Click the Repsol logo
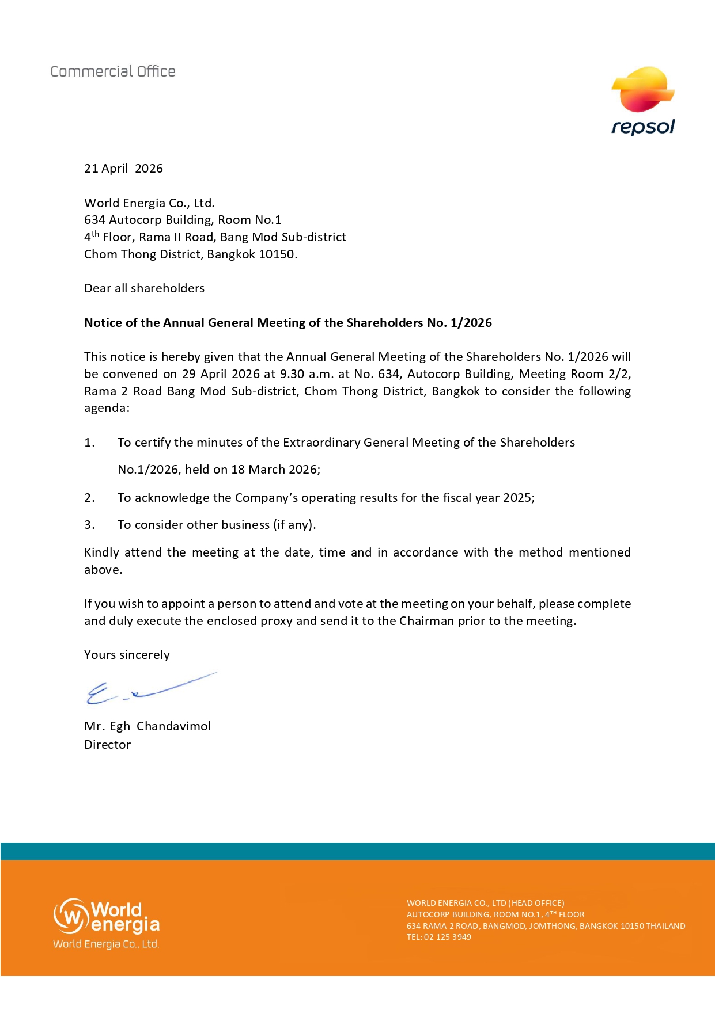(643, 101)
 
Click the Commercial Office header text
(113, 71)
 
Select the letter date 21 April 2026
(123, 169)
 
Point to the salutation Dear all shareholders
(144, 288)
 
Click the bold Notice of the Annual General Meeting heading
(287, 323)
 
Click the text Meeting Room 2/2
(574, 374)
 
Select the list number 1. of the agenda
(89, 443)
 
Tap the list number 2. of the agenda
(89, 498)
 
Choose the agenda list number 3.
(89, 525)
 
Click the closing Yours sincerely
(127, 655)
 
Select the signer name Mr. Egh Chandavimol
(147, 726)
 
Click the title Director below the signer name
(107, 745)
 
